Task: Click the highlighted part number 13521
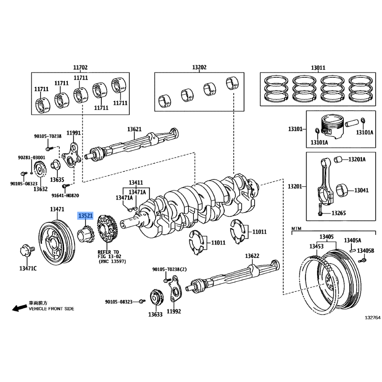[x=85, y=216]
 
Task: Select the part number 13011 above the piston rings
[x=318, y=68]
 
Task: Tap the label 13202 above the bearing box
[x=199, y=68]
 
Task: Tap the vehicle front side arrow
[x=19, y=308]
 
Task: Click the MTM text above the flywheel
[x=297, y=229]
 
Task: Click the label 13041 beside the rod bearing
[x=361, y=191]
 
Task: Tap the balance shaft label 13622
[x=253, y=256]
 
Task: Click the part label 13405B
[x=366, y=251]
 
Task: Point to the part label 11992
[x=175, y=312]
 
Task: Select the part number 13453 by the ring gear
[x=316, y=246]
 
